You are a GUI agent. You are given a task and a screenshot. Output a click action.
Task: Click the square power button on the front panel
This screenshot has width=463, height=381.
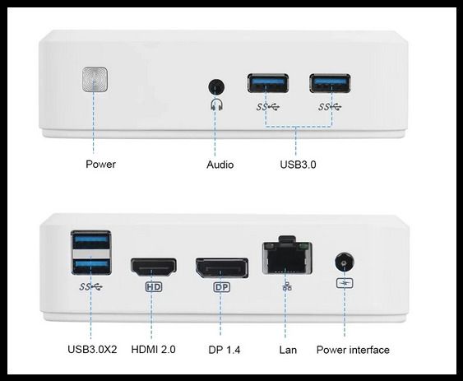coord(95,79)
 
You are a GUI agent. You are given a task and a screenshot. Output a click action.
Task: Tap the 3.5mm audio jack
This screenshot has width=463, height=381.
coord(216,87)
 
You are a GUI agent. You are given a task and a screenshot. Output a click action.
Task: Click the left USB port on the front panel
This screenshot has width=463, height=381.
coord(268,83)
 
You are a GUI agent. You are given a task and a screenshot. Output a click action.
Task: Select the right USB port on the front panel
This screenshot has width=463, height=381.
coord(330,83)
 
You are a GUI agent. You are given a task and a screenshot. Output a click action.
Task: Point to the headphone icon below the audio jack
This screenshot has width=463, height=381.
coord(217,105)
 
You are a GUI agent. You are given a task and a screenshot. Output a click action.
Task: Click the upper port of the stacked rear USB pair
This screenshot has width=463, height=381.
coord(91,240)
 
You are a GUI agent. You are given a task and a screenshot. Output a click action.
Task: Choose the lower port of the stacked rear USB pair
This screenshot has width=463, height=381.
coord(91,266)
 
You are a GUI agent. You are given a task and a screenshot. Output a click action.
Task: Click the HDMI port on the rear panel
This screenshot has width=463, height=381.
coord(154,267)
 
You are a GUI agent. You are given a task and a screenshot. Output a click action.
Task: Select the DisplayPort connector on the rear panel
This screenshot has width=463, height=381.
coord(221,267)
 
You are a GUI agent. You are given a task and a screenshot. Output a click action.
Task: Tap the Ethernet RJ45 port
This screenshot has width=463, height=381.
coord(287,257)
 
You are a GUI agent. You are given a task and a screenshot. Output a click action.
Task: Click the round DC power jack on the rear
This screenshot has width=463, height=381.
coord(345,263)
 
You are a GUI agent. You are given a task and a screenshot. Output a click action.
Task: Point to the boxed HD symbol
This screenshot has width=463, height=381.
coord(154,286)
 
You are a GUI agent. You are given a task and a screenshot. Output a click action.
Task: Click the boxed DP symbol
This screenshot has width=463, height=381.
coord(221,287)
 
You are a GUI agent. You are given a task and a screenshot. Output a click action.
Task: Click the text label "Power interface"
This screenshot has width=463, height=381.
coord(353,350)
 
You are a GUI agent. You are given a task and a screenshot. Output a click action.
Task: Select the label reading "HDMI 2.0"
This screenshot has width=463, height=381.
coord(153,350)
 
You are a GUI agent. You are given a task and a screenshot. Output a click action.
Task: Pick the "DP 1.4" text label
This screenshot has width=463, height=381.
coord(225,350)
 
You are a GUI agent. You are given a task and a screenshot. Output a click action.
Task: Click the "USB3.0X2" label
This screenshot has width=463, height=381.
coord(92,350)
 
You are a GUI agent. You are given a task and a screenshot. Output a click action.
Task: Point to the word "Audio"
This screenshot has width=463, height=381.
coord(220,165)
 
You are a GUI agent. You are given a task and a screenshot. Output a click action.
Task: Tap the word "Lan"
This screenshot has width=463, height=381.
coord(288,350)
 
